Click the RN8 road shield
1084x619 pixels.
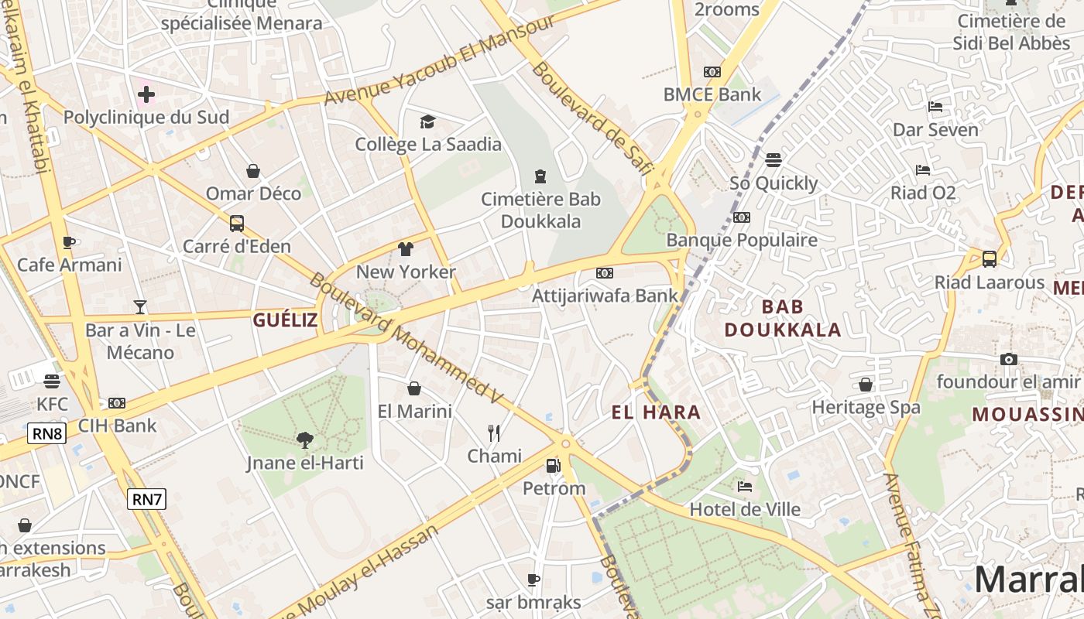tap(46, 433)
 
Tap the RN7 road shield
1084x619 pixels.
tap(146, 499)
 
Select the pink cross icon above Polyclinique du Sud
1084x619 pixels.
tap(146, 95)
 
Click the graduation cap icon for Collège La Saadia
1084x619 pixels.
tap(427, 121)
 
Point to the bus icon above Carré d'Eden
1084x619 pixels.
tap(237, 224)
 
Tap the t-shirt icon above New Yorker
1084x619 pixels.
tap(406, 249)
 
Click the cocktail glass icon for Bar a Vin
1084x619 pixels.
tap(140, 307)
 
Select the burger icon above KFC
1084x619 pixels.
tap(52, 381)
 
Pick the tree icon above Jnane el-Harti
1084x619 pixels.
tap(305, 439)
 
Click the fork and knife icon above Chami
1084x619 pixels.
tap(494, 433)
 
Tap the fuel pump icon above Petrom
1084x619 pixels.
tap(553, 465)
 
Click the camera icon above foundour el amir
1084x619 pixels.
tap(1008, 359)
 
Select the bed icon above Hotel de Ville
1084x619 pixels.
tap(745, 486)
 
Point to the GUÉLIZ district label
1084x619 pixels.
tap(285, 320)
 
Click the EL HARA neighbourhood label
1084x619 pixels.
tap(656, 412)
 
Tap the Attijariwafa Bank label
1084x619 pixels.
tap(605, 296)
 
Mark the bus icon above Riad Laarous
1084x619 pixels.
tap(990, 259)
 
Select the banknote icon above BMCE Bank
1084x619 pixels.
tap(712, 72)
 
